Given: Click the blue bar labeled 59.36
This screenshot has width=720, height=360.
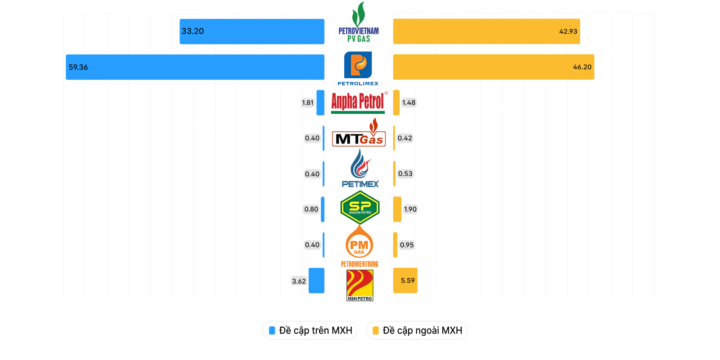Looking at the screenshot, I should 195,67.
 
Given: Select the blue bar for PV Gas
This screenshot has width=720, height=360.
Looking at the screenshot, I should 252,31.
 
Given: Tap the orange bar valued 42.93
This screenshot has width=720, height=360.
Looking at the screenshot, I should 486,31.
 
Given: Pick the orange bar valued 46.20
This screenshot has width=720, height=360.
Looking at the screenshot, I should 494,67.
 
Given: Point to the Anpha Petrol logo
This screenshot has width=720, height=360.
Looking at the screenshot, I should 359,102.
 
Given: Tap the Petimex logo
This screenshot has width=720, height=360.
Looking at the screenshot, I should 360,169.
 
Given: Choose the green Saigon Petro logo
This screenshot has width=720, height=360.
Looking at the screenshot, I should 360,207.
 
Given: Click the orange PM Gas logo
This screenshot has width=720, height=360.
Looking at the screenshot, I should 359,245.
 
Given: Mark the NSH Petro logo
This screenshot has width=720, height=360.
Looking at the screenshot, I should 360,285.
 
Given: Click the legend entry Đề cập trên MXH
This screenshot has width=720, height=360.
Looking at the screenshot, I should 310,330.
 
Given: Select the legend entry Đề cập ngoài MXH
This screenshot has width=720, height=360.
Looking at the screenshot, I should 417,330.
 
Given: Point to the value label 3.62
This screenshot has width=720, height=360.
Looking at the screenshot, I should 299,281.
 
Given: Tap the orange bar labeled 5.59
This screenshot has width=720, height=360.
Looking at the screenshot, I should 405,280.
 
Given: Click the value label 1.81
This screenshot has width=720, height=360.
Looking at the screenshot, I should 308,103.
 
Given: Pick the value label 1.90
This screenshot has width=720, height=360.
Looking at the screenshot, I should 410,209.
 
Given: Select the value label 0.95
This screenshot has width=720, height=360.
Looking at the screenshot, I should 407,245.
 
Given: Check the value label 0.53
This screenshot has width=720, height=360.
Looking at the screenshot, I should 405,174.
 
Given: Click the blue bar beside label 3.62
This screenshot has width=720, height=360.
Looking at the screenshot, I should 316,280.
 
